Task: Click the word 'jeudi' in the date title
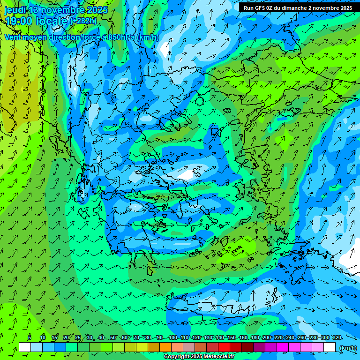15,10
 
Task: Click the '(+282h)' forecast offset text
83,21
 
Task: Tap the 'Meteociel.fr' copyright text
216,357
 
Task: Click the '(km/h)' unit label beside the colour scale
348,348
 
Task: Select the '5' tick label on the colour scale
30,337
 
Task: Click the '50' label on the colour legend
112,337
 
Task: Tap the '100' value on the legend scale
172,337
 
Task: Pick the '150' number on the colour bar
231,337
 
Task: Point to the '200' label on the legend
267,337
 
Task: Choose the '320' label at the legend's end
337,337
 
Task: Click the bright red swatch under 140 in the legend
224,347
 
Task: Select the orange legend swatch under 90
165,347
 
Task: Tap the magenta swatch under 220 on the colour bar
283,347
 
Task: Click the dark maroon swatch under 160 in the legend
247,347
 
